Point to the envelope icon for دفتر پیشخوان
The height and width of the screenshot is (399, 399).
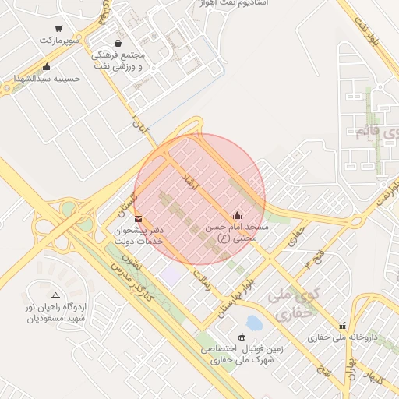[x=139, y=219]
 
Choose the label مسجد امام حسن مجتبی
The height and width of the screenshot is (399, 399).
[x=236, y=232]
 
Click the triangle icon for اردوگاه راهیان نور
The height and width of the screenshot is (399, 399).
[x=55, y=295]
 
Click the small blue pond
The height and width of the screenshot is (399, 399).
[x=253, y=321]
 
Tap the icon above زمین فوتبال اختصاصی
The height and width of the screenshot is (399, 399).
[x=241, y=337]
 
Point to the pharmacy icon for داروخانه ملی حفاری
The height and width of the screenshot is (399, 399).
[x=341, y=326]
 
